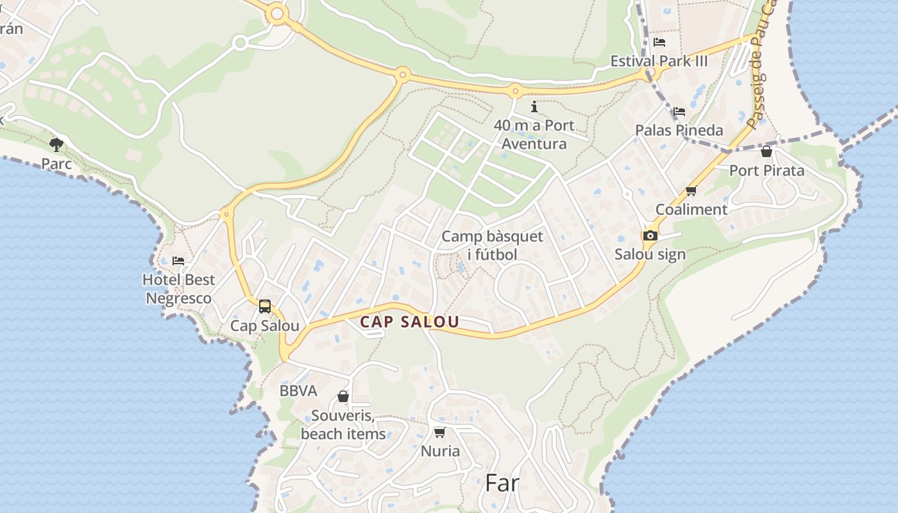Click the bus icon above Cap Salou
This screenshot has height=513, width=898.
click(265, 307)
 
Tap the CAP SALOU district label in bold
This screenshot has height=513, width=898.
click(409, 322)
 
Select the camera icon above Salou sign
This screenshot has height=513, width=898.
click(650, 235)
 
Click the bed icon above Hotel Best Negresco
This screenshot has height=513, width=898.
click(178, 261)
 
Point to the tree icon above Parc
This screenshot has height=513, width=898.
click(56, 144)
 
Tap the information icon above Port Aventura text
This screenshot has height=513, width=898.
click(534, 106)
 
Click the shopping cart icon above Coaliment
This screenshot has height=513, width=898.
click(691, 190)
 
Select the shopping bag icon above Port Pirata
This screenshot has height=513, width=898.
click(766, 152)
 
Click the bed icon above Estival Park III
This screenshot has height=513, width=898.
click(659, 42)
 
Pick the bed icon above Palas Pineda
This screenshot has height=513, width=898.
click(679, 112)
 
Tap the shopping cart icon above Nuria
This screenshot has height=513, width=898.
click(439, 432)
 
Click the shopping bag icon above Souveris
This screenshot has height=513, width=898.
click(343, 396)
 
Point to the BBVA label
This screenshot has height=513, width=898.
click(298, 391)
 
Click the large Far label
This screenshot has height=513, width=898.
click(502, 483)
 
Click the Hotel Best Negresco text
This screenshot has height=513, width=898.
click(178, 289)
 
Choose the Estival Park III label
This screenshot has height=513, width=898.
click(659, 61)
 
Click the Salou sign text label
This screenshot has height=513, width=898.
click(650, 254)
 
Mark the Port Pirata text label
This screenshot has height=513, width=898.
click(766, 171)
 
